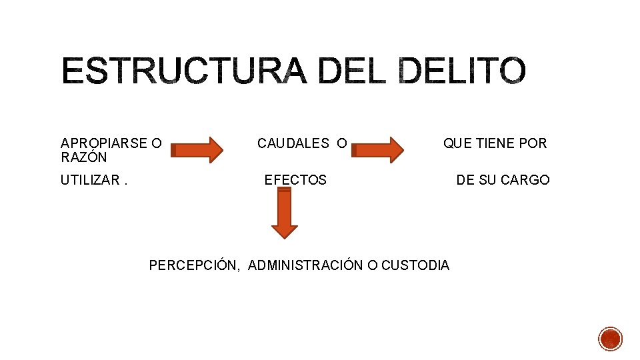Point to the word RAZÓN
coord(83,157)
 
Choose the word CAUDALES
coord(293,143)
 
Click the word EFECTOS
coord(296,180)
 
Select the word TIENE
coord(497,143)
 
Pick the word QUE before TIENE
coord(458,143)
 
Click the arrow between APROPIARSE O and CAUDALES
coord(199,149)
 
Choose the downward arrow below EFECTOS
coord(285,213)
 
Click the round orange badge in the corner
coord(610,339)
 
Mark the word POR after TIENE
coord(534,143)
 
